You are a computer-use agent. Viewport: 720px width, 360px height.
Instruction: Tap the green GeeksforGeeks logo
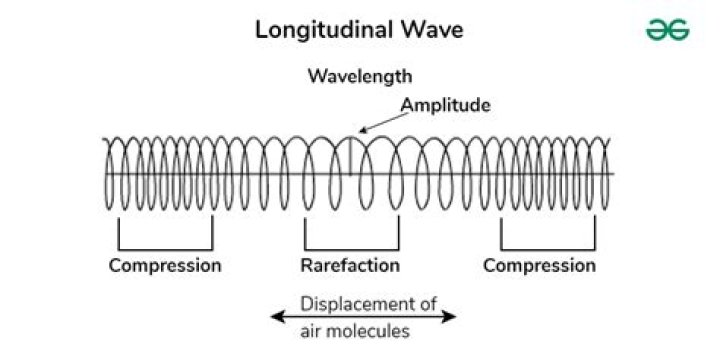coord(667,30)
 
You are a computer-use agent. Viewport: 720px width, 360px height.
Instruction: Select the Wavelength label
coord(359,77)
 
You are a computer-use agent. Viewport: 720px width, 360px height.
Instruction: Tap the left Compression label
coord(165,265)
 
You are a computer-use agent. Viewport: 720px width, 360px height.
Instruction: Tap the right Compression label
coord(539,265)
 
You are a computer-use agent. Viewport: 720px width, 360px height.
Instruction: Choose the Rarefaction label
coord(350,265)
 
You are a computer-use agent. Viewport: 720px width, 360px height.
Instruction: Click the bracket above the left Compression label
coord(165,245)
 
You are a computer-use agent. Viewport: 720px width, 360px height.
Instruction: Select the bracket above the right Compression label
coord(547,245)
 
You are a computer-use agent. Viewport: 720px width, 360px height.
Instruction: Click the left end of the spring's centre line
coord(104,175)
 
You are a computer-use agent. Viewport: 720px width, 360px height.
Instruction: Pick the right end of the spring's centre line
coord(612,175)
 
